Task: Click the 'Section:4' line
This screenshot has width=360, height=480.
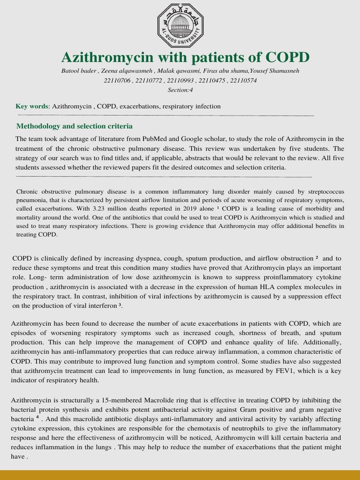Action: click(x=180, y=90)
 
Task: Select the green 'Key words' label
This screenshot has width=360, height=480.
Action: click(x=32, y=106)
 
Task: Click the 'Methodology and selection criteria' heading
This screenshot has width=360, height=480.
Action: click(x=74, y=126)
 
